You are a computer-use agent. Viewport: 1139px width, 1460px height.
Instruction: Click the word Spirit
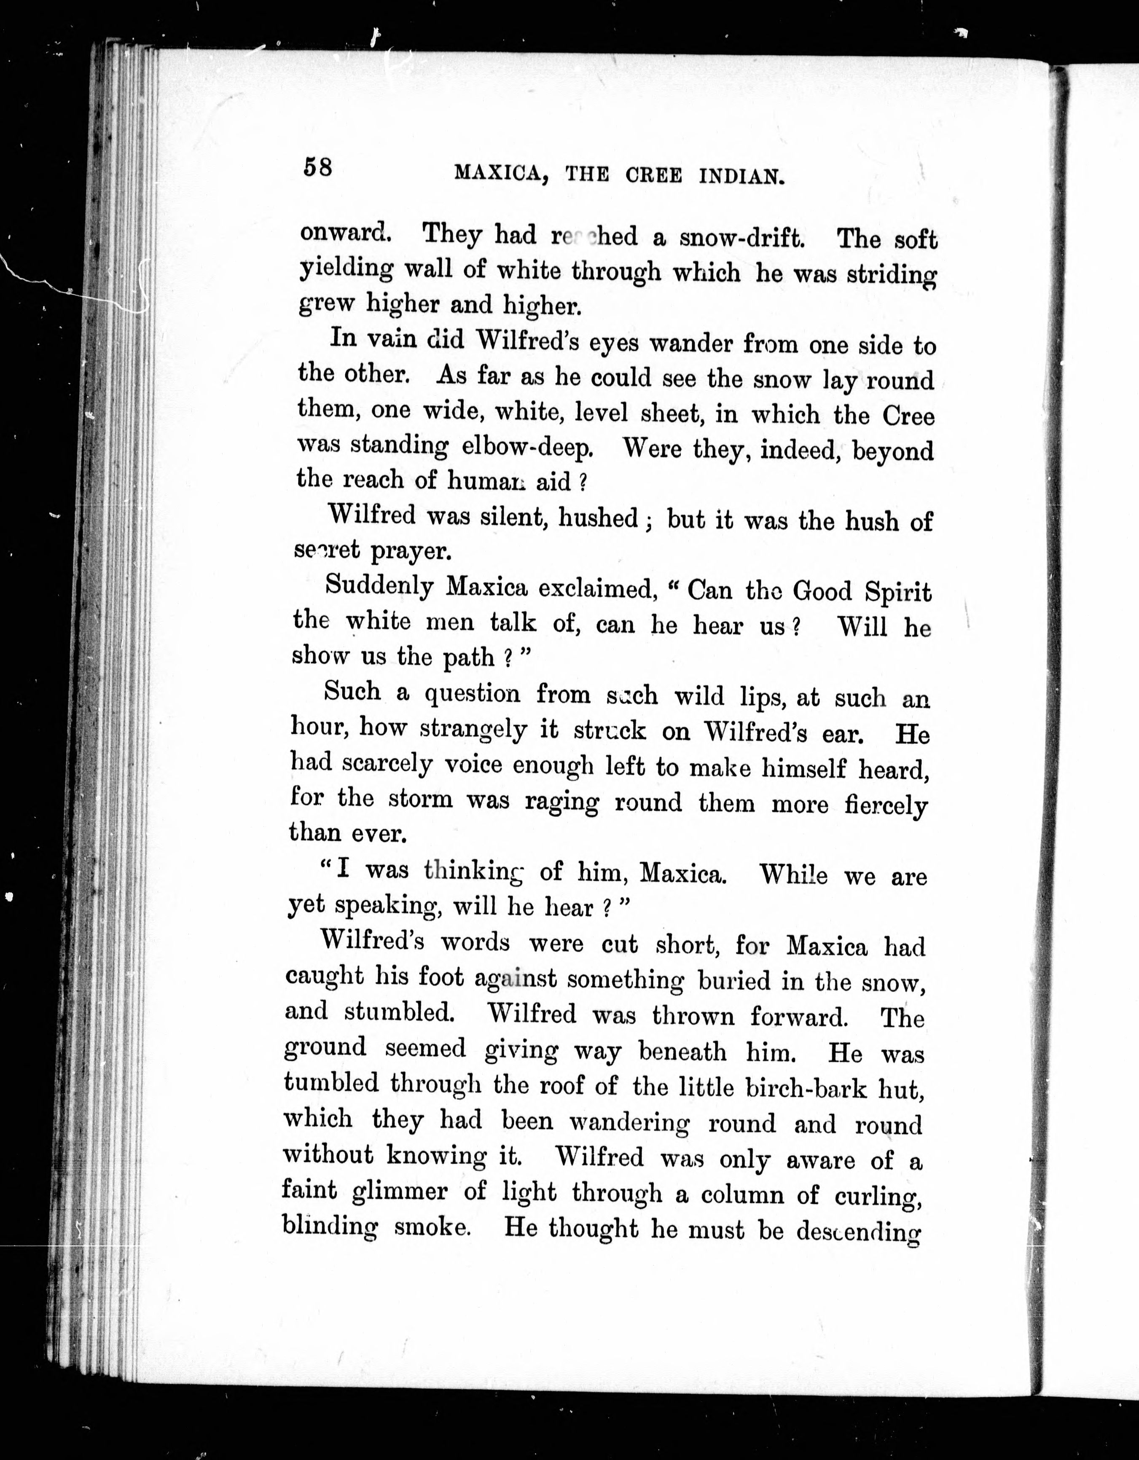[898, 593]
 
